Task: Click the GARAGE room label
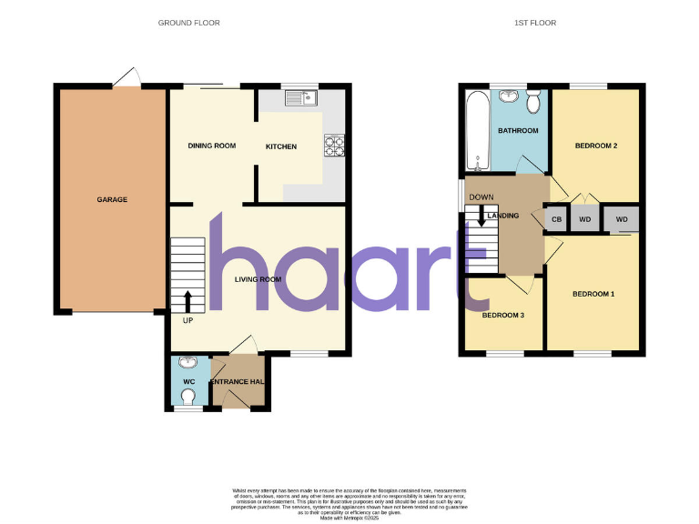[113, 199]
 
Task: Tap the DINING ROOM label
[212, 146]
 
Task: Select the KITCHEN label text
[280, 146]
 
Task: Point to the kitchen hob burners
[334, 142]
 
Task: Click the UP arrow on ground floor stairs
[188, 301]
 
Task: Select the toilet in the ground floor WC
[188, 397]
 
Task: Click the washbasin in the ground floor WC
[188, 364]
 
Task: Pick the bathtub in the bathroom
[477, 131]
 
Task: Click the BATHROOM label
[518, 131]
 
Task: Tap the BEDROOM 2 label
[596, 146]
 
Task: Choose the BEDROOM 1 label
[593, 294]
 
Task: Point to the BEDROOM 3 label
[503, 316]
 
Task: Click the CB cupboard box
[555, 220]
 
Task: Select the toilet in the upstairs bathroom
[532, 97]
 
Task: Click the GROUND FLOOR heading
[188, 23]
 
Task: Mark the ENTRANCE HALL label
[238, 380]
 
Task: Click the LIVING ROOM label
[258, 279]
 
